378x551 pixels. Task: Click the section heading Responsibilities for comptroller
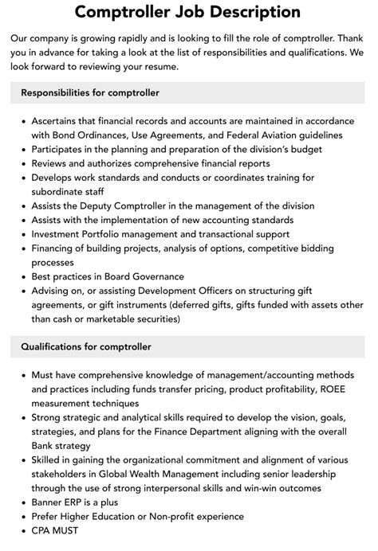point(90,93)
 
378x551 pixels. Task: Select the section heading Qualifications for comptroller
point(85,346)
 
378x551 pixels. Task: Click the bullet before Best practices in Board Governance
point(23,276)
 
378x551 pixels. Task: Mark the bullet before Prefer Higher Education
point(23,517)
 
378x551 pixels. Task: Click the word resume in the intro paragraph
point(155,66)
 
